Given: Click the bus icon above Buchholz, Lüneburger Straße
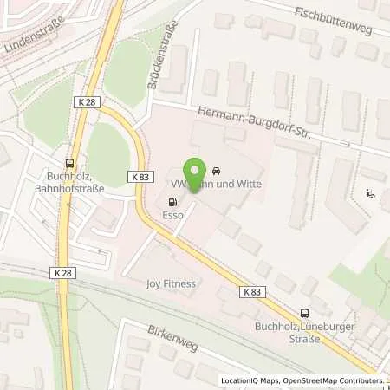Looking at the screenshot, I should [x=304, y=314].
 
